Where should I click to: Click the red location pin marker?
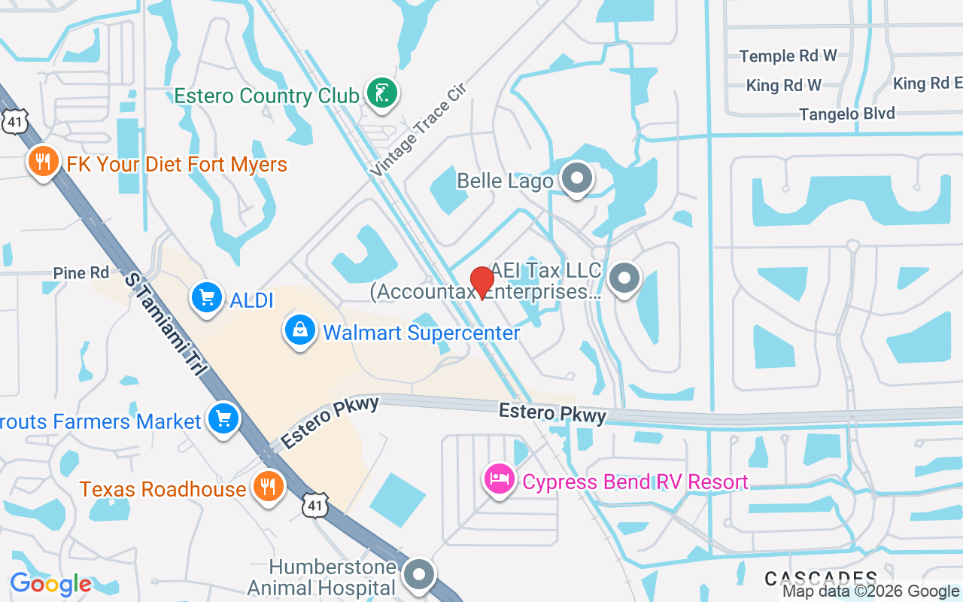coord(481,282)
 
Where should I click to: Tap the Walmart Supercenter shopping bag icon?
coord(300,330)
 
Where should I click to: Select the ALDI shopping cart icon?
coord(207,298)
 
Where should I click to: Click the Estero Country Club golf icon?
coord(382,93)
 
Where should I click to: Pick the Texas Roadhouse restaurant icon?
coord(267,486)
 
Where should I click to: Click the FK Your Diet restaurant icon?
coord(44,161)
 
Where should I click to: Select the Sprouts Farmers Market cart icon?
coord(223,419)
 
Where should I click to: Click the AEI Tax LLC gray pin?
coord(624,278)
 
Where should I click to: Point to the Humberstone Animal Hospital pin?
coord(419,575)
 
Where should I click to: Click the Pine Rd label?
coord(81,272)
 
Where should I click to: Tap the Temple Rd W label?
coord(788,56)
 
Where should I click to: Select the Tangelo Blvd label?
coord(846,114)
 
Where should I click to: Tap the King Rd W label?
coord(783,86)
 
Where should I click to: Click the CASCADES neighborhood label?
coord(820,578)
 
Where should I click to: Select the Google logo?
coord(50,584)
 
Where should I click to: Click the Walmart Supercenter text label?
coord(421,333)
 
